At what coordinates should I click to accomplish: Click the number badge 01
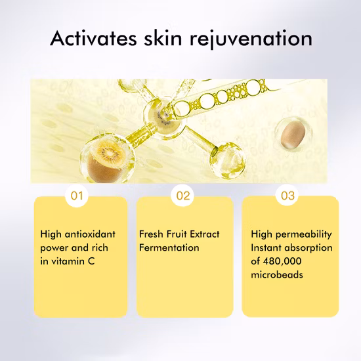tap(78, 196)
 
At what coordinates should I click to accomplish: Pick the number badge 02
tap(184, 196)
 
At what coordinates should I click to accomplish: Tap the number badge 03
tap(288, 196)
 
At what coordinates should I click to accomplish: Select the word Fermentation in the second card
tap(169, 248)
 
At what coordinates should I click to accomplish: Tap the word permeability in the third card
tap(306, 234)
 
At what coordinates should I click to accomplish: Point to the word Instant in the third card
tap(267, 248)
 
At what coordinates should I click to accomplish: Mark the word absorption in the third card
tap(308, 248)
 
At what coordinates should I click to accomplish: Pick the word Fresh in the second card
tap(151, 234)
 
